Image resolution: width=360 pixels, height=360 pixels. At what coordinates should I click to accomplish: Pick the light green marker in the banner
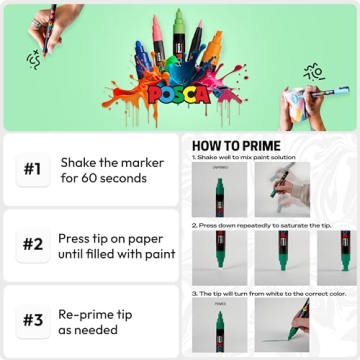pos(180,30)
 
